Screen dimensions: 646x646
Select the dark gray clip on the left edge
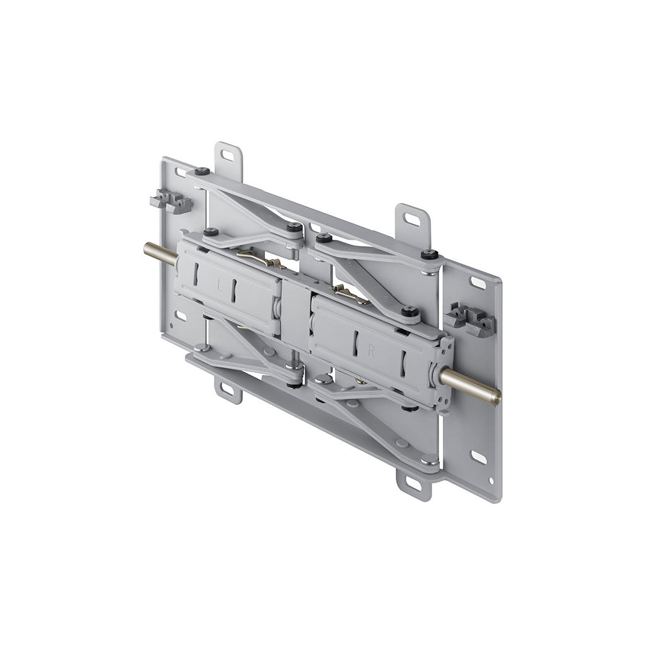[x=170, y=201]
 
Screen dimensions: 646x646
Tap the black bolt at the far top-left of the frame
[x=203, y=171]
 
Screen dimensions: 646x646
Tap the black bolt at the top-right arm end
[x=430, y=254]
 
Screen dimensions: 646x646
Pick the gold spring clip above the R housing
[x=351, y=294]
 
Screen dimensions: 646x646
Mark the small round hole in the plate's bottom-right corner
[x=492, y=481]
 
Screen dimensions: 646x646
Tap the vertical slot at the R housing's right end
[x=402, y=365]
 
